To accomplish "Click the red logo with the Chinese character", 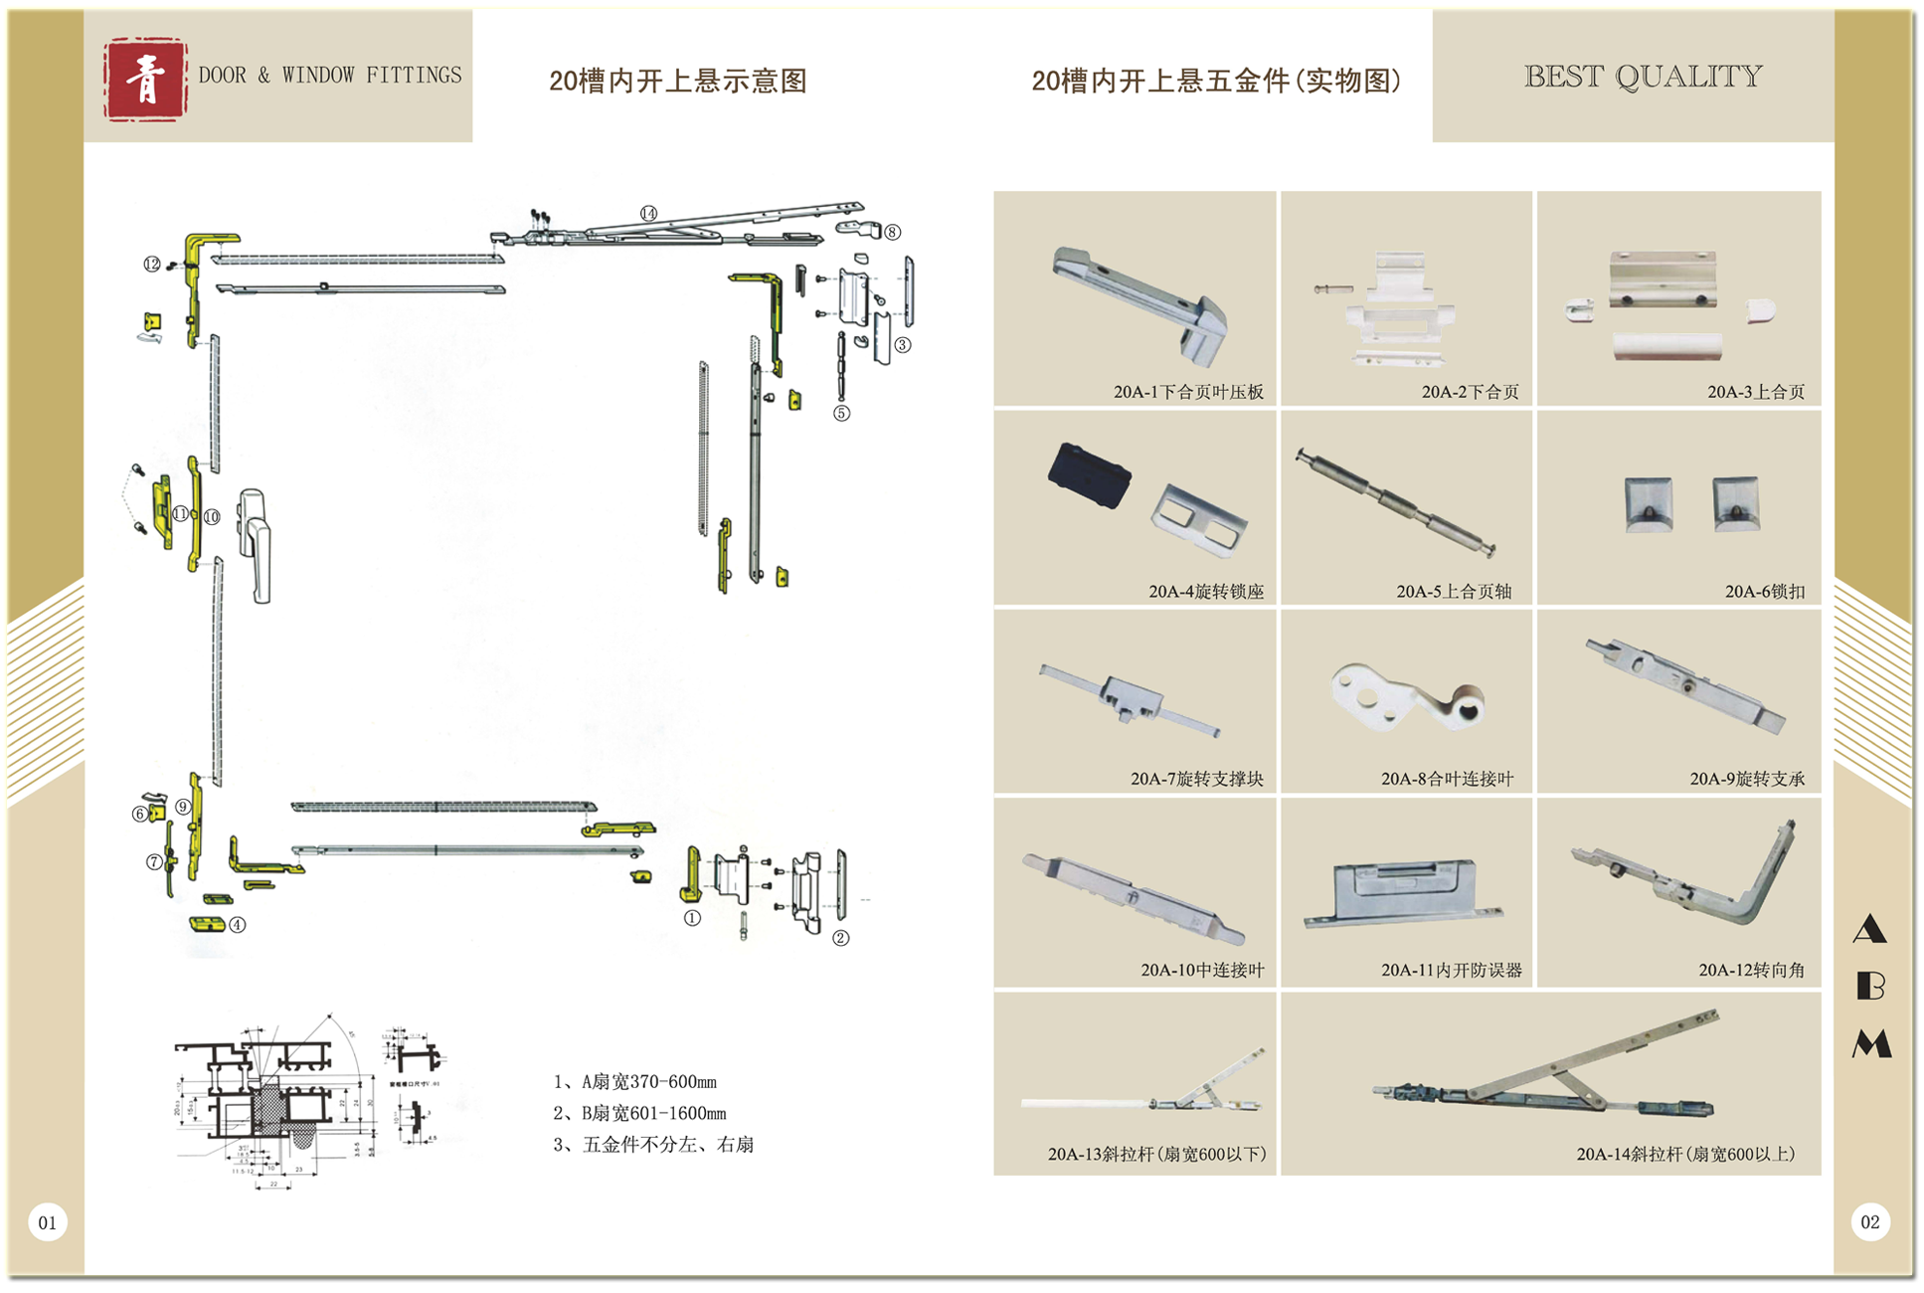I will pos(145,80).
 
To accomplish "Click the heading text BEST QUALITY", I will pos(1643,77).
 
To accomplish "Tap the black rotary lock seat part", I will pos(1090,474).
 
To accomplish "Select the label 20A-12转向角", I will pos(1751,970).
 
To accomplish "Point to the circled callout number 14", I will pos(648,213).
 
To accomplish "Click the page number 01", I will pos(48,1222).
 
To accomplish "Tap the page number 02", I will pos(1870,1222).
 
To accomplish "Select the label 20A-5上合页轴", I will pos(1454,592).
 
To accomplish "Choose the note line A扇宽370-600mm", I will pos(635,1082).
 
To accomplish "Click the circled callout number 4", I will pos(238,925).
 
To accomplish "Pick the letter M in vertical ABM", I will pos(1871,1043).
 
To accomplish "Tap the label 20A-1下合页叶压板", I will pos(1188,392).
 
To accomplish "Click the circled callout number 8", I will pos(893,233).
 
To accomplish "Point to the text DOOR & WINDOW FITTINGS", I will pos(330,76).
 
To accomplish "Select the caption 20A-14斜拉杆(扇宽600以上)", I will pos(1685,1155).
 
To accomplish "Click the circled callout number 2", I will pos(841,938).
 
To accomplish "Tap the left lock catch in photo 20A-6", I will pos(1649,503).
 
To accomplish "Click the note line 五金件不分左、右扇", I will pos(653,1145).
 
